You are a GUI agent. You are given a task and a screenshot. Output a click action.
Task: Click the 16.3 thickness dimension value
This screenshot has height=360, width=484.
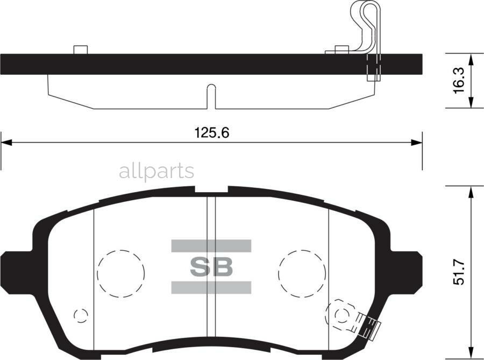coord(459,80)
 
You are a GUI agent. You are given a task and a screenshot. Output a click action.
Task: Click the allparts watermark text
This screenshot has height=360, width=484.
coord(156,171)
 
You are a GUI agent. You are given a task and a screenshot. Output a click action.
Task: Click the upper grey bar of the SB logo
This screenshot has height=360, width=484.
coord(211,246)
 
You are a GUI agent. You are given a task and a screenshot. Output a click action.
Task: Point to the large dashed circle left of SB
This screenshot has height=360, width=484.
coord(121,273)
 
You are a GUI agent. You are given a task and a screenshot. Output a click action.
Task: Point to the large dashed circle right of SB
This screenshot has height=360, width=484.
coord(302,273)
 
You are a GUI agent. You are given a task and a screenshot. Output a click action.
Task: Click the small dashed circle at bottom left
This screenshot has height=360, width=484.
coord(80,315)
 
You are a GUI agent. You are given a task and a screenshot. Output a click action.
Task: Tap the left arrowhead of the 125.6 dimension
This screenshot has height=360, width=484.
coord(5,143)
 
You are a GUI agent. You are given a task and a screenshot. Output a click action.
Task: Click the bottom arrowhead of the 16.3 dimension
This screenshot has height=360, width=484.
coord(471,103)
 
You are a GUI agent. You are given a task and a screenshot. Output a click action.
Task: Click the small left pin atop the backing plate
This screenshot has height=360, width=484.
coord(80,50)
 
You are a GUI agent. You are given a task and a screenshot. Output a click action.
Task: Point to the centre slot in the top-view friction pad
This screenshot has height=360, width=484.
coord(211,96)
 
